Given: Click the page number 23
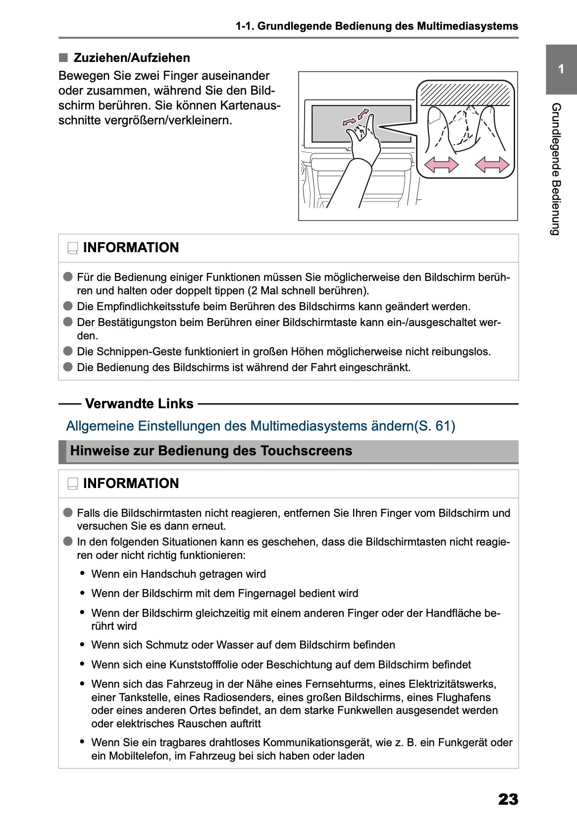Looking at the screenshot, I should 508,799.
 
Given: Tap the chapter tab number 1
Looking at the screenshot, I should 561,69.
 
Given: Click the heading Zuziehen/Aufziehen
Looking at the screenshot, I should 132,58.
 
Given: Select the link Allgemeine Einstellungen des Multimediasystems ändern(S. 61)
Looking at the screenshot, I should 261,426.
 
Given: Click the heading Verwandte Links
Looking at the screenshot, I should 139,404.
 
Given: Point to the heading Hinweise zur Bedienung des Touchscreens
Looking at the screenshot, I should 211,451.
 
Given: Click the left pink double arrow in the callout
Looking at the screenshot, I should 441,164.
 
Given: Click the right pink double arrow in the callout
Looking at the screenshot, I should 492,164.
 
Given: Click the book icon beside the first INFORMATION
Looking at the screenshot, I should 73,248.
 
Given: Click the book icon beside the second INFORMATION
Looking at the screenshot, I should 73,484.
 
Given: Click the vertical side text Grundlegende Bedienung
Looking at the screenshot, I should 556,169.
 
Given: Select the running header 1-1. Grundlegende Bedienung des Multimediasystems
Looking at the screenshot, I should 377,26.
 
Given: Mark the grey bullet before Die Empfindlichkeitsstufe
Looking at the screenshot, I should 68,306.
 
